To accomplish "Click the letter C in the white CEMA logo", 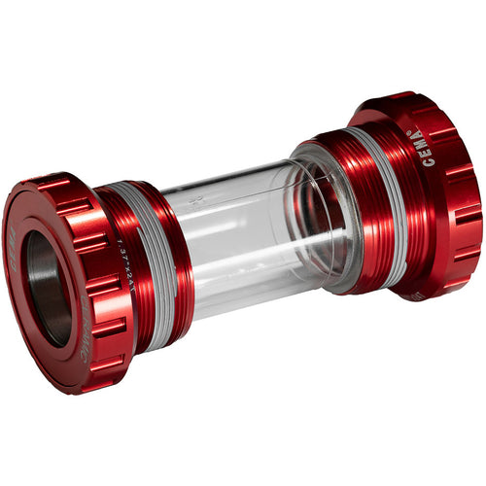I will point(428,161).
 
